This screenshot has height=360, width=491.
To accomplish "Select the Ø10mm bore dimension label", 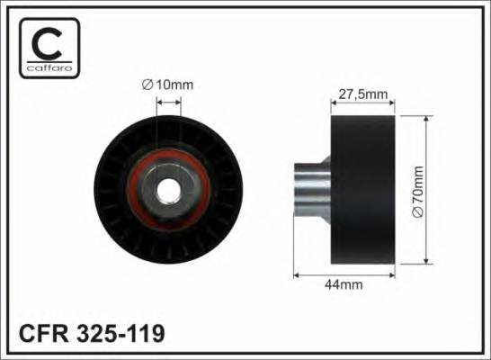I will click(168, 85).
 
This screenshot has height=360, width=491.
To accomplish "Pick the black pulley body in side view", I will click(363, 189).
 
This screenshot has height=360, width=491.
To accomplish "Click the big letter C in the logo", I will click(46, 42).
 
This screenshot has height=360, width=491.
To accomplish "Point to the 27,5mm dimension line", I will click(363, 102).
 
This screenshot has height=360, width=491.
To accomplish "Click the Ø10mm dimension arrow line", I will click(168, 102).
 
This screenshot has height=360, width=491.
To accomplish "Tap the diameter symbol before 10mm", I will click(147, 85).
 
